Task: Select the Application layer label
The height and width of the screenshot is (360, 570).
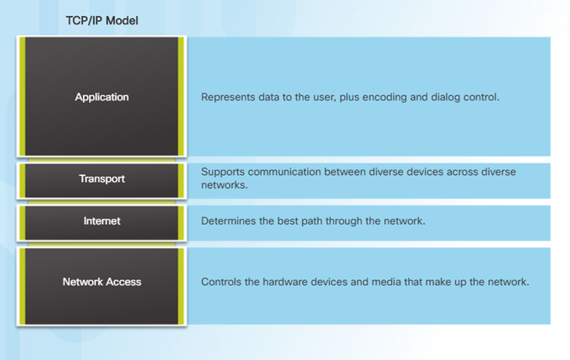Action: pos(102,97)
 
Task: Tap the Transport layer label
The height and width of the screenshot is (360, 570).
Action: pos(102,179)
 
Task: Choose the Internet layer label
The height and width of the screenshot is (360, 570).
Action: pos(102,221)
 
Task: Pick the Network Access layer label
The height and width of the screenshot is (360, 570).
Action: pos(102,282)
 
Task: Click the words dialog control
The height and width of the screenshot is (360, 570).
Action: pos(470,97)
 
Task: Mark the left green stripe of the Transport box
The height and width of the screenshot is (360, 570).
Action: pos(23,180)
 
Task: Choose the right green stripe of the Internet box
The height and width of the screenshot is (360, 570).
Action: pos(181,222)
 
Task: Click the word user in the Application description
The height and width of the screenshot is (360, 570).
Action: pos(328,97)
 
